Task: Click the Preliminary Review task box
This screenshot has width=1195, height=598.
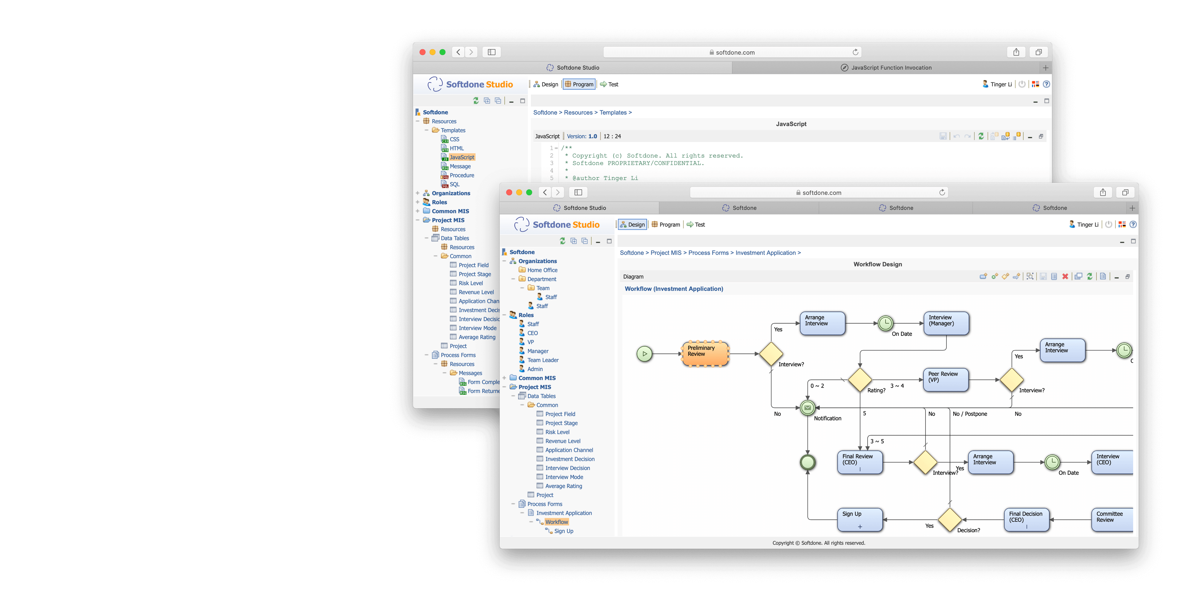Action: click(x=705, y=354)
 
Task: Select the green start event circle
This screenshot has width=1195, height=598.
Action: click(x=644, y=354)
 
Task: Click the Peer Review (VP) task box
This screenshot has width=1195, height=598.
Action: click(x=946, y=380)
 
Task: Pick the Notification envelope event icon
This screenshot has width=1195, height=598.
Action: click(x=808, y=408)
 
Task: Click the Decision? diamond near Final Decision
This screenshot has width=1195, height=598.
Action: click(x=950, y=520)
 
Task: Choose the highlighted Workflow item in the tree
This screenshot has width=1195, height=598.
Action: click(x=556, y=522)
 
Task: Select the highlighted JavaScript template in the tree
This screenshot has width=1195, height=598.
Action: click(x=462, y=157)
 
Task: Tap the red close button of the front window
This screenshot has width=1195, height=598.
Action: click(x=509, y=192)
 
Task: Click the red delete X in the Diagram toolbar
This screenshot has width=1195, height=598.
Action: click(x=1065, y=277)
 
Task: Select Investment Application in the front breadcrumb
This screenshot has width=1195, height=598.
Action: click(x=765, y=253)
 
